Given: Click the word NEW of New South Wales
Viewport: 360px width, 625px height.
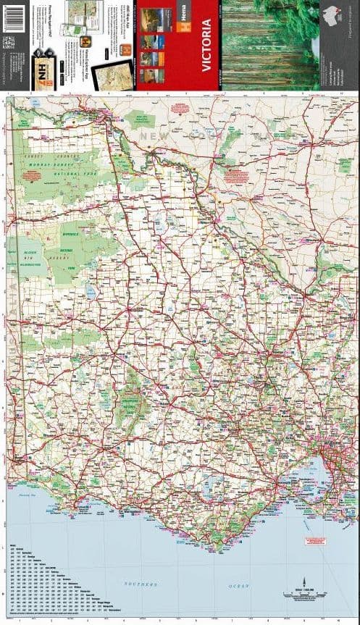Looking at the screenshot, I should tap(155, 135).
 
